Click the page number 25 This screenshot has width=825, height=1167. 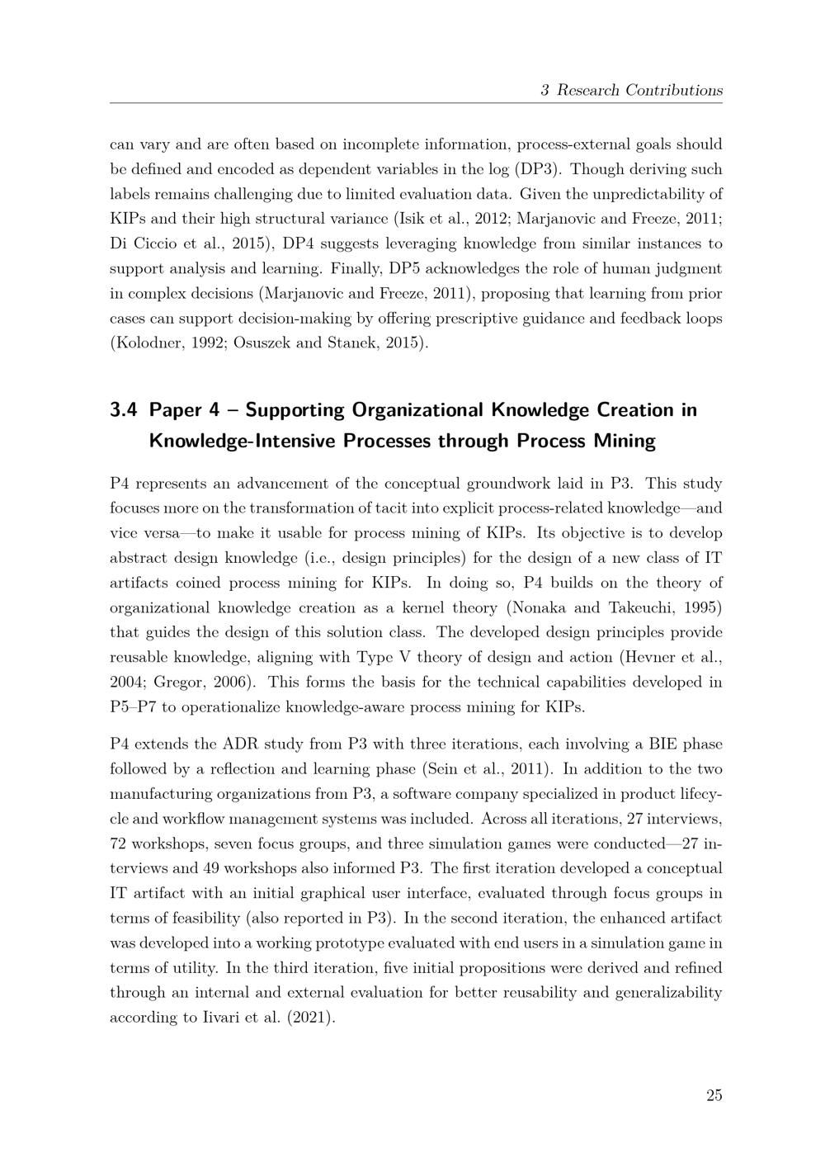click(x=714, y=1095)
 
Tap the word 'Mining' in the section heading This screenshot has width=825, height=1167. click(x=625, y=441)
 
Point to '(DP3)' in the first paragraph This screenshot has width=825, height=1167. click(x=539, y=169)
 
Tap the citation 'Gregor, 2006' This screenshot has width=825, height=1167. click(x=196, y=682)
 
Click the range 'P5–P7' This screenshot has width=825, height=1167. click(x=136, y=706)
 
